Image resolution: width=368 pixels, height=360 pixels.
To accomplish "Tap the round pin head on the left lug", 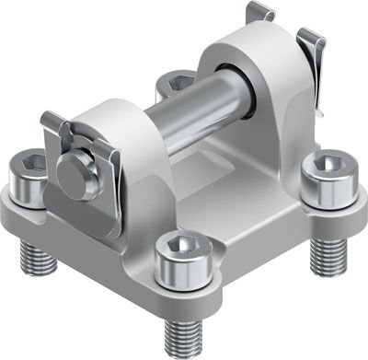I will click(71, 169).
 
